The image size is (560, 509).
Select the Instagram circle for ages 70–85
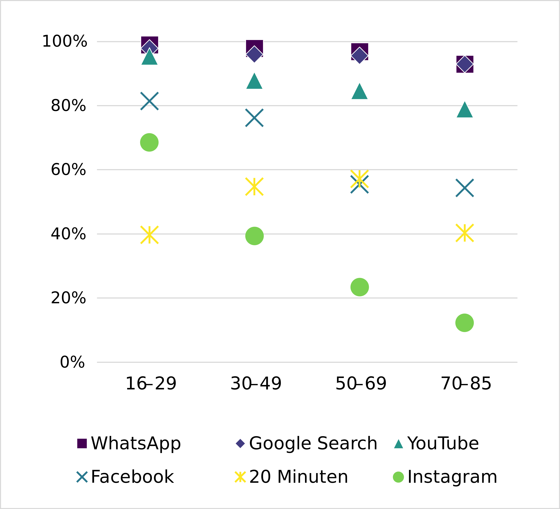click(464, 323)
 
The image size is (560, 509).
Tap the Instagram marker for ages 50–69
click(359, 287)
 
